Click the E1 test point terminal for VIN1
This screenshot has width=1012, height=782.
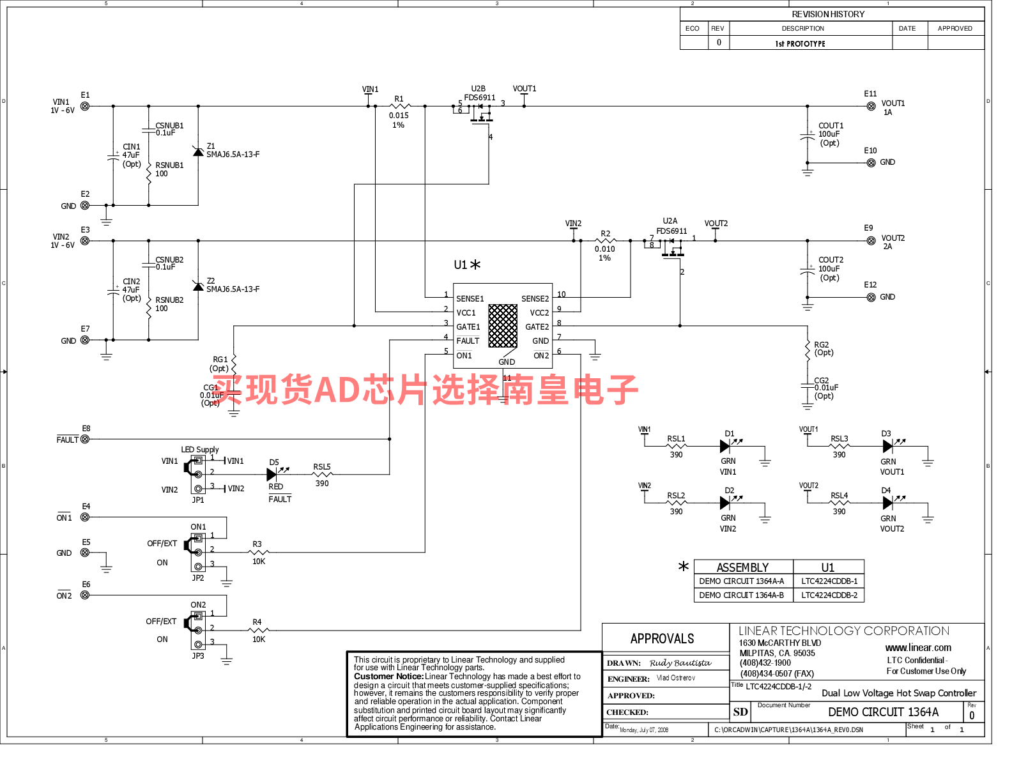click(85, 106)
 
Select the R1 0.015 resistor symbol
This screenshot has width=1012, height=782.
click(400, 106)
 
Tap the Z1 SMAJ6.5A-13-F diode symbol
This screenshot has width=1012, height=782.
click(198, 151)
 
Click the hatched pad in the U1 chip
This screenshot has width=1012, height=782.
click(503, 326)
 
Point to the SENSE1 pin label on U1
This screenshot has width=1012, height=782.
click(470, 299)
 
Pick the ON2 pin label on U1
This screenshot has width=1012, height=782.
click(541, 356)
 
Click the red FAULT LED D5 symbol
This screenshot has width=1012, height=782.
click(272, 474)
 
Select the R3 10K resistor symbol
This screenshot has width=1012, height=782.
click(258, 552)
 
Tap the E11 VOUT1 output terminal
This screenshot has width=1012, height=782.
click(871, 106)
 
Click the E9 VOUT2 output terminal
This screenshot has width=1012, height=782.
click(871, 241)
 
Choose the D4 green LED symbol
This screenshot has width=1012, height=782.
click(887, 503)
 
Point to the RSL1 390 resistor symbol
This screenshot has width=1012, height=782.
click(676, 447)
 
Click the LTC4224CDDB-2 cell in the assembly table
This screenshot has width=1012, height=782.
click(829, 595)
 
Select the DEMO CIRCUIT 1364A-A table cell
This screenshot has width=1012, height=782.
click(741, 581)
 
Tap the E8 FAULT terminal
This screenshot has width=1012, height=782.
click(85, 440)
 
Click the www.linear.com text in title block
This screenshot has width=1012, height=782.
click(918, 648)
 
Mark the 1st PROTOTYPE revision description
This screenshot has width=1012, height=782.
click(800, 43)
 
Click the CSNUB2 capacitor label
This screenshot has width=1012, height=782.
click(169, 260)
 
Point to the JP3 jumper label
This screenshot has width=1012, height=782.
click(198, 656)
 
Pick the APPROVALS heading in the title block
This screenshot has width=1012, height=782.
click(662, 639)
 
